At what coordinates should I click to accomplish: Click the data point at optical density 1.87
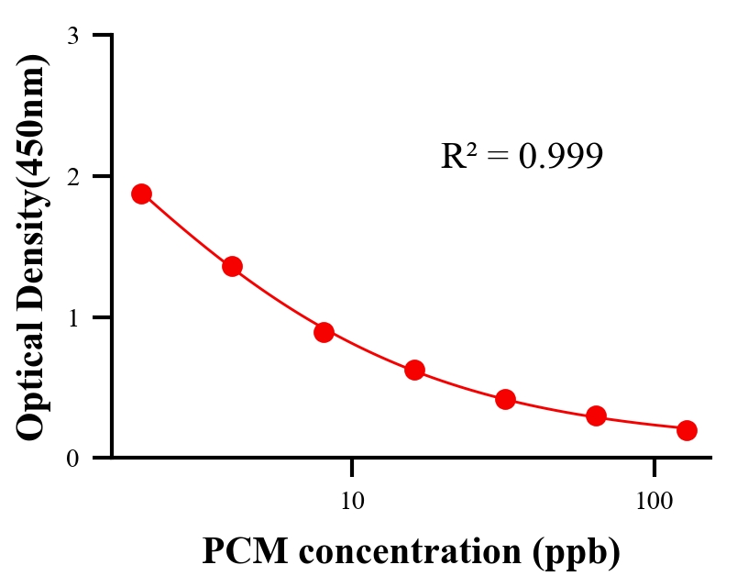point(141,194)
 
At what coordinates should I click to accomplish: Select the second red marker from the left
point(232,267)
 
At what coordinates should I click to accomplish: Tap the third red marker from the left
point(324,332)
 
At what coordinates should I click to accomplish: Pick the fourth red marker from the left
point(414,371)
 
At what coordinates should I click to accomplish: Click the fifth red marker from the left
point(505,399)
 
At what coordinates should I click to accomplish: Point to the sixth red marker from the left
point(596,416)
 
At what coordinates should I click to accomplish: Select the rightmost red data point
point(687,430)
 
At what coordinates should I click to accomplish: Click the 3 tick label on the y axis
point(72,36)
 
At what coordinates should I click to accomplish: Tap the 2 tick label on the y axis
point(72,176)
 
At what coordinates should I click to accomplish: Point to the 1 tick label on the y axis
point(72,317)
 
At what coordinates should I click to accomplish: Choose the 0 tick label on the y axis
point(72,458)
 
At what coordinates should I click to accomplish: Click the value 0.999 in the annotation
point(560,156)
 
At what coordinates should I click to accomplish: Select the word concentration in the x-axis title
point(422,552)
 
